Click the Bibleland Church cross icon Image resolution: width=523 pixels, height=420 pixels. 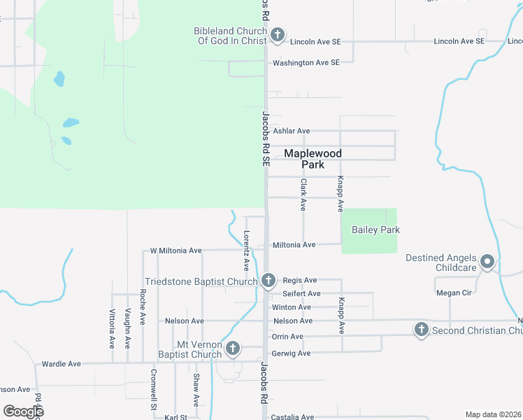pos(277,34)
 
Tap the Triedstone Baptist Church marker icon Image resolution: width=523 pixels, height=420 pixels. pos(268,281)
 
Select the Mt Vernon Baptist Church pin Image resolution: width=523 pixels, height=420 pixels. pos(233,348)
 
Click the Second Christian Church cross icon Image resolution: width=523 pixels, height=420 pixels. pos(421,330)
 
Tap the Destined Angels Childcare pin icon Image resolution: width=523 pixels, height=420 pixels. pos(488,262)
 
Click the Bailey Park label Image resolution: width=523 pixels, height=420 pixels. pos(375,230)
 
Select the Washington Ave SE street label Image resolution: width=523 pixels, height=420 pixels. pos(306,62)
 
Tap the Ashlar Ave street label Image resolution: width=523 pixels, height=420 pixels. pos(291,131)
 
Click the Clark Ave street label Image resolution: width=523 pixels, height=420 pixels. pos(303,195)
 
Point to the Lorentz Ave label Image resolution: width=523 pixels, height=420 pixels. pos(246,251)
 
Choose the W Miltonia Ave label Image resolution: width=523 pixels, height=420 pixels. pos(175,250)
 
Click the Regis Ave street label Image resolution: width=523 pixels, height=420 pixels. pos(300,280)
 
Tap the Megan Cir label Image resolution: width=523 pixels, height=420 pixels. pos(451,293)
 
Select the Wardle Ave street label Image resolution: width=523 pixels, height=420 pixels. pos(62,364)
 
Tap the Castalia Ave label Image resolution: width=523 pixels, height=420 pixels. pos(292,416)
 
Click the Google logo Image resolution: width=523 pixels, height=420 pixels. pos(24,412)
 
